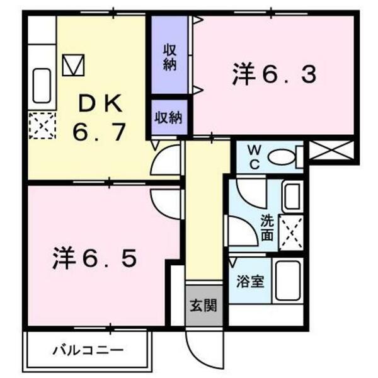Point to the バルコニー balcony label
click(x=88, y=348)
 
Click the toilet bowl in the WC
click(x=281, y=157)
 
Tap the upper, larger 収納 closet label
click(x=169, y=57)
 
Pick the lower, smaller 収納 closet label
click(x=169, y=117)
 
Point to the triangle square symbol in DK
click(x=74, y=64)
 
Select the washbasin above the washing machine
click(x=292, y=197)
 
